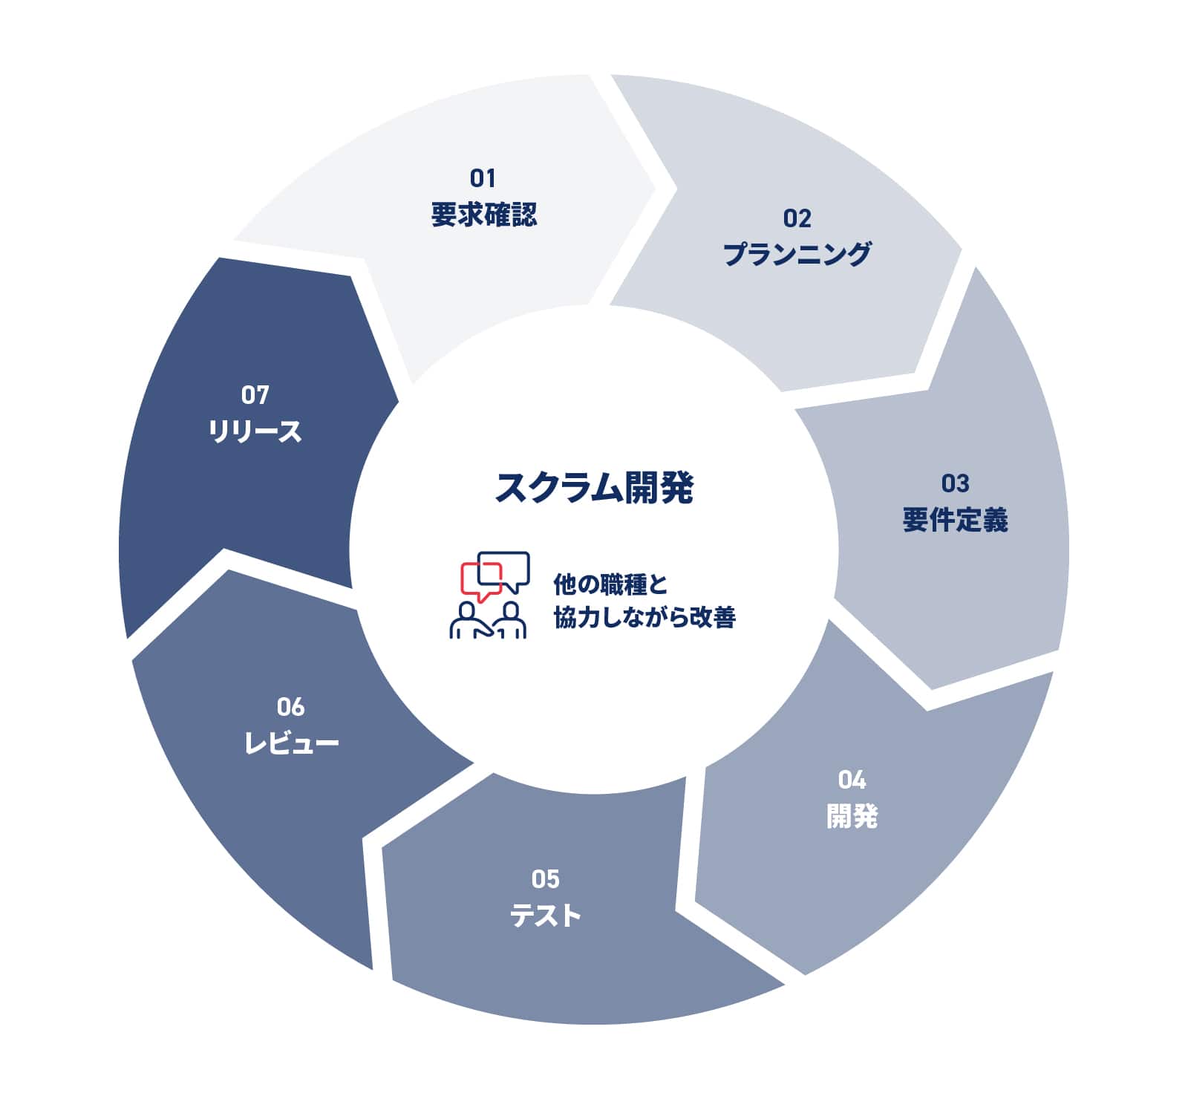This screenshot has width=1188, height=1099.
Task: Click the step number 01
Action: [x=483, y=178]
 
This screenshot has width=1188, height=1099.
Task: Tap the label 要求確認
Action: [x=483, y=215]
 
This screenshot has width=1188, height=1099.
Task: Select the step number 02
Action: [x=797, y=218]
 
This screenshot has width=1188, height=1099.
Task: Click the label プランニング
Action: [x=797, y=254]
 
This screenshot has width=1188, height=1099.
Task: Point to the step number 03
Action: [x=955, y=484]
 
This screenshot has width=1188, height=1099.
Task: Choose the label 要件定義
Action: [x=955, y=520]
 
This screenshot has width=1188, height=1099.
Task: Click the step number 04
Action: [x=852, y=780]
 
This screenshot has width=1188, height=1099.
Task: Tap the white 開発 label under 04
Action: [x=852, y=816]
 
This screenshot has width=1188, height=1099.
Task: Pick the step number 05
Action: [x=546, y=880]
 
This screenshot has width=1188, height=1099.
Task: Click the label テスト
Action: [x=546, y=916]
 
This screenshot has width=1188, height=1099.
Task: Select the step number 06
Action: [x=290, y=707]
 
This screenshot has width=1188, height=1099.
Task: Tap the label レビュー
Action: [x=291, y=743]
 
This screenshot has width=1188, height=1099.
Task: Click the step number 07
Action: [x=255, y=395]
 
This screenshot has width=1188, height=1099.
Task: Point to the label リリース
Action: [x=255, y=431]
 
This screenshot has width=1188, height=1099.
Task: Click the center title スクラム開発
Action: [x=594, y=488]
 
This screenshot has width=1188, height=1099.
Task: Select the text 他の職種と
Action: [x=610, y=584]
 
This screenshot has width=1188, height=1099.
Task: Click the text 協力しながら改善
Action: [x=644, y=617]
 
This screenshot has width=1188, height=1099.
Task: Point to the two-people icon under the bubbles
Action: [x=488, y=620]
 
